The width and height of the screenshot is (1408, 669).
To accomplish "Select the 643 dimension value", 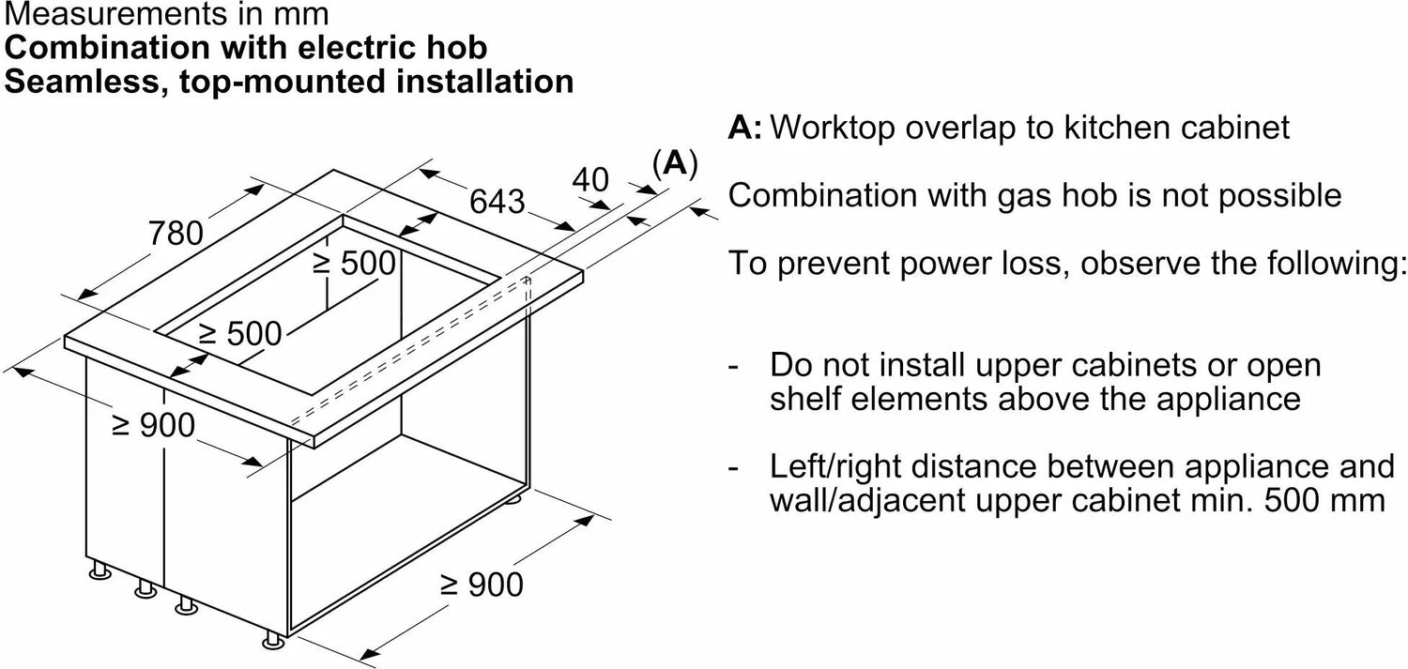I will [x=498, y=201].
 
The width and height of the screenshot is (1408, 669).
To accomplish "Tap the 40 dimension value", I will [x=590, y=179].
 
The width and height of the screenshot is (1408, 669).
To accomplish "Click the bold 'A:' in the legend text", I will [x=745, y=128].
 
